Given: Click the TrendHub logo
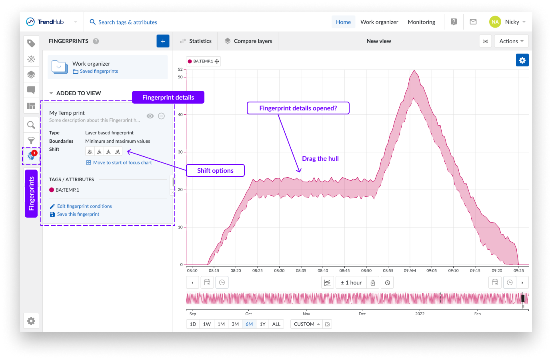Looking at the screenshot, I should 45,22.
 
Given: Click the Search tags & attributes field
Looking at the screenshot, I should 128,22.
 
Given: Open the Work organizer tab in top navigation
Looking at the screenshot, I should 379,22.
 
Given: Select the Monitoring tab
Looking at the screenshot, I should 421,22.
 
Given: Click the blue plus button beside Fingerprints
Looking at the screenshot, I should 163,41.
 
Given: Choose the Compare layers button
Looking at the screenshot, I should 248,41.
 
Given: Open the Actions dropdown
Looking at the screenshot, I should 511,41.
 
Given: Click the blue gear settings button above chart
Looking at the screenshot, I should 522,60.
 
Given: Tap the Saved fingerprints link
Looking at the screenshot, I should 99,71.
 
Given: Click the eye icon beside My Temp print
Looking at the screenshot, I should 150,116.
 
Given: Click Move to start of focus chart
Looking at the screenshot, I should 122,163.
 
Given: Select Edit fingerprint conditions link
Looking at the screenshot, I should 84,206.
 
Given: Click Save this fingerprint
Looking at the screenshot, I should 78,214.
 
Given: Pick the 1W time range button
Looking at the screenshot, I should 207,324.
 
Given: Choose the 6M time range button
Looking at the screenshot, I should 249,324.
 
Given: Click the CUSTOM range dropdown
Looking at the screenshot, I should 306,324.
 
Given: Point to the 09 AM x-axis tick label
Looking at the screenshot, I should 410,271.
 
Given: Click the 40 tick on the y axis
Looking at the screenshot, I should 180,115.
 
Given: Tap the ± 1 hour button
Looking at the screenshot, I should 351,283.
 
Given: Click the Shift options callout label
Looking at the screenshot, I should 215,170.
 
